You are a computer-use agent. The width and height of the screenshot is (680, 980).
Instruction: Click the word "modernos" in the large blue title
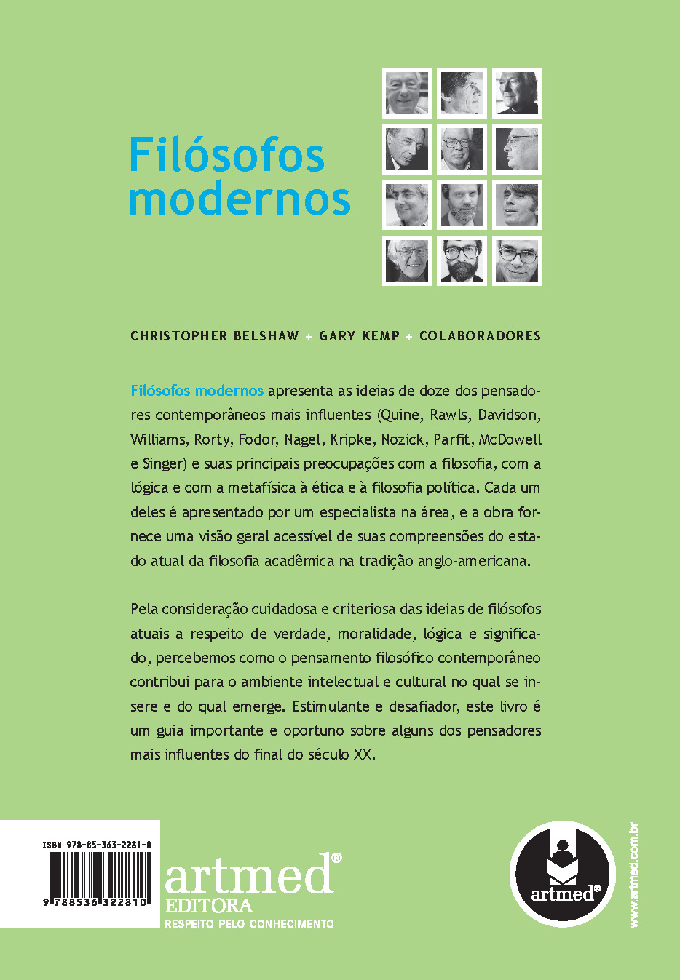pyautogui.click(x=240, y=198)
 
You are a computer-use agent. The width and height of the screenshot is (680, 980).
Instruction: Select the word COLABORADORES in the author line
pyautogui.click(x=480, y=336)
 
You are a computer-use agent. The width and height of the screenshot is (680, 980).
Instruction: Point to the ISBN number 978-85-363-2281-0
pyautogui.click(x=97, y=845)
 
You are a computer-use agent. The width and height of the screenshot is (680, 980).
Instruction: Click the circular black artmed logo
pyautogui.click(x=562, y=873)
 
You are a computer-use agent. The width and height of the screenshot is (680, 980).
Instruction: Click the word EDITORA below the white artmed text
pyautogui.click(x=209, y=906)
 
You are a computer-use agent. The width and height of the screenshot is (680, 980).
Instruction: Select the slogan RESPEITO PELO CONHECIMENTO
pyautogui.click(x=249, y=924)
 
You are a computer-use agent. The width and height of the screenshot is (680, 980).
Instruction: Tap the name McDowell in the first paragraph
pyautogui.click(x=510, y=439)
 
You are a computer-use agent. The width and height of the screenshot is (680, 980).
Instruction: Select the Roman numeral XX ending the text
pyautogui.click(x=362, y=754)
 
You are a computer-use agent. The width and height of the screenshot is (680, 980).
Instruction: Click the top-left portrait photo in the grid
pyautogui.click(x=407, y=93)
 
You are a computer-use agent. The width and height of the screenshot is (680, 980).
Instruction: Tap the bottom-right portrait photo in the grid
pyautogui.click(x=517, y=260)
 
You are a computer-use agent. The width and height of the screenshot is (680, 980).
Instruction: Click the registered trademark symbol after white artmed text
pyautogui.click(x=336, y=859)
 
